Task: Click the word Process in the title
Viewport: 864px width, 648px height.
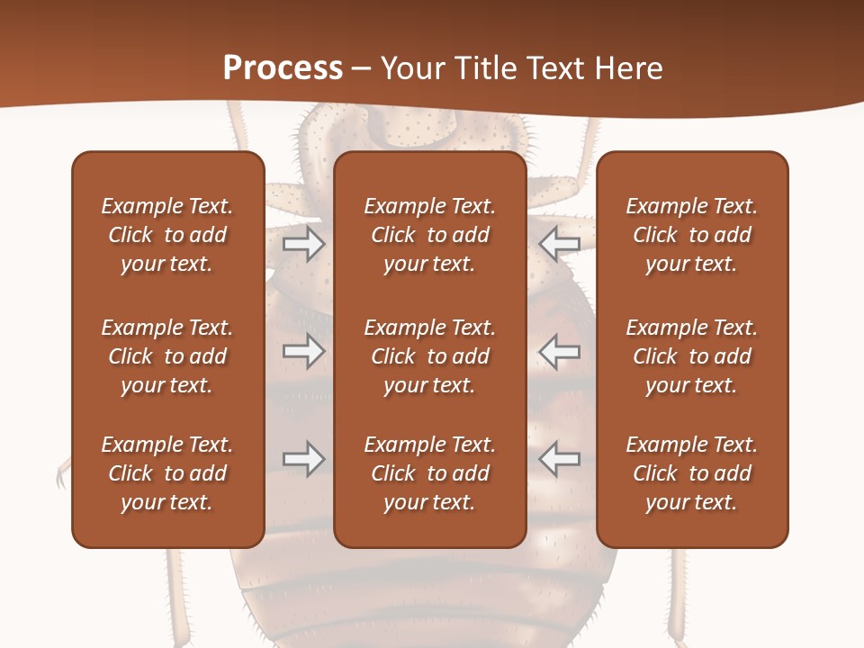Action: click(283, 67)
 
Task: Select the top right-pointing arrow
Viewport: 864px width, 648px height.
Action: click(304, 244)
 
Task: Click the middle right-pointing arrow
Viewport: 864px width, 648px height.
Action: click(304, 351)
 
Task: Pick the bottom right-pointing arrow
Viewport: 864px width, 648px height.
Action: click(304, 459)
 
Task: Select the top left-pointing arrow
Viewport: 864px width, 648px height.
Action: click(559, 244)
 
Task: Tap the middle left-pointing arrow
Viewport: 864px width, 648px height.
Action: click(559, 351)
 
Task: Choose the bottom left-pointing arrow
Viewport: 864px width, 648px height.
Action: click(559, 459)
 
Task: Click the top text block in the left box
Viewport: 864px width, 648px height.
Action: click(167, 235)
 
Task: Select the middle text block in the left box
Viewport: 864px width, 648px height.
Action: click(167, 356)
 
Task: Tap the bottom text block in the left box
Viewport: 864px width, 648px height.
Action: click(167, 473)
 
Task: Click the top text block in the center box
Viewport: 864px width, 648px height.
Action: click(429, 235)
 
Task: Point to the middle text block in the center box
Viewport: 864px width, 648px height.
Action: click(429, 356)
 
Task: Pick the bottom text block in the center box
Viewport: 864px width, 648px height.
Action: click(429, 473)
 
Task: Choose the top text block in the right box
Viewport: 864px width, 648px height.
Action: click(691, 235)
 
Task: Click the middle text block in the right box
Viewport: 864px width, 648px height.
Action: click(691, 356)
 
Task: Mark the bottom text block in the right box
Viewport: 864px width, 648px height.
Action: click(691, 473)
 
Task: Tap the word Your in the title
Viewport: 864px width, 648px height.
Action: click(412, 67)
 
